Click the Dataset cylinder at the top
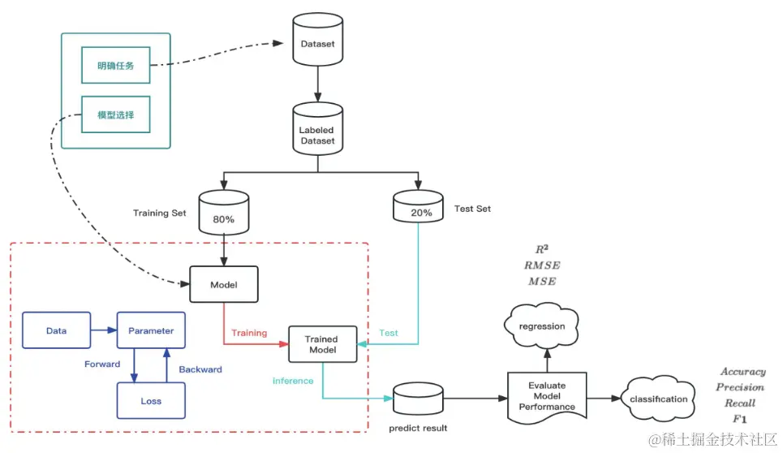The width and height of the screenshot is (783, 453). click(316, 45)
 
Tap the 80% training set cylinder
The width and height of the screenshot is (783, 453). click(223, 214)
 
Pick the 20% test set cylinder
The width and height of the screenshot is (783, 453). click(418, 208)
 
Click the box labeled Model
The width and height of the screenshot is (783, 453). click(223, 284)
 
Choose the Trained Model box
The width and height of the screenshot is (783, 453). click(324, 344)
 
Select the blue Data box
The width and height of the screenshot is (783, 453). click(56, 330)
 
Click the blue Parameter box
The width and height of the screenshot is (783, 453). click(151, 330)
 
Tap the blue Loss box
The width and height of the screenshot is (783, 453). click(151, 400)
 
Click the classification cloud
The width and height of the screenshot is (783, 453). click(660, 399)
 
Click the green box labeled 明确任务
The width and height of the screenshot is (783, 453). click(116, 66)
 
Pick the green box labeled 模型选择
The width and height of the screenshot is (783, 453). click(116, 115)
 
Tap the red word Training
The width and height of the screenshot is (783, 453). click(249, 333)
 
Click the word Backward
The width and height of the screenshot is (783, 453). click(200, 369)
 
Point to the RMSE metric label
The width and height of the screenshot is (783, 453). click(542, 265)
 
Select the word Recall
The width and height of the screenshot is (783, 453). click(740, 403)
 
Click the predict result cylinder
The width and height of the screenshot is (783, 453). click(417, 399)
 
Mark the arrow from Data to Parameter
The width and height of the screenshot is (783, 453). click(103, 330)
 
